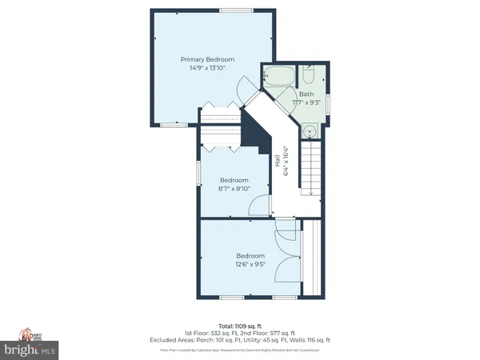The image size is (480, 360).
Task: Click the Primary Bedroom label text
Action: tap(207, 59)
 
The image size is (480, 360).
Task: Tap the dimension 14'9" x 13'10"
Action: tap(207, 68)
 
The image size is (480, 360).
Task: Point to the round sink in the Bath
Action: tap(310, 131)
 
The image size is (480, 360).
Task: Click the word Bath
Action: tap(306, 94)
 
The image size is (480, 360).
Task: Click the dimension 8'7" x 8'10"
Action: tap(234, 189)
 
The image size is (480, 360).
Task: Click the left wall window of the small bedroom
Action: tap(198, 173)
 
